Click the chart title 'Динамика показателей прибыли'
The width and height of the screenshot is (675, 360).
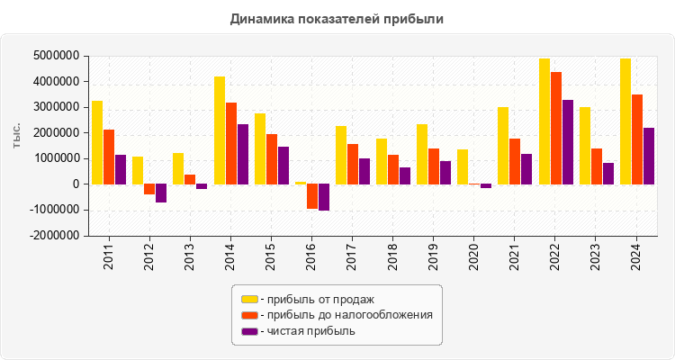pyautogui.click(x=337, y=18)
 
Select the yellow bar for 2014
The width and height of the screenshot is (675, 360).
pyautogui.click(x=219, y=130)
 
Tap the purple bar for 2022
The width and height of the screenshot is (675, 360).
pyautogui.click(x=568, y=142)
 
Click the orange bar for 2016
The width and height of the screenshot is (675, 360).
pyautogui.click(x=312, y=196)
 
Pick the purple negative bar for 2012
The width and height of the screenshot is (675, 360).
pyautogui.click(x=161, y=193)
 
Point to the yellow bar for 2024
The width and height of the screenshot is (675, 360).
pyautogui.click(x=625, y=121)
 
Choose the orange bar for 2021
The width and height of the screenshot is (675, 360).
pyautogui.click(x=515, y=161)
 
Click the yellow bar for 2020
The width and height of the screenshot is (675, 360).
pyautogui.click(x=463, y=166)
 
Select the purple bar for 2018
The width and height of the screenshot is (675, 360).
pyautogui.click(x=405, y=175)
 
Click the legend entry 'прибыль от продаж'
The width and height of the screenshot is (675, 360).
pyautogui.click(x=315, y=299)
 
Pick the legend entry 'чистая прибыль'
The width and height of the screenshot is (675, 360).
pyautogui.click(x=307, y=331)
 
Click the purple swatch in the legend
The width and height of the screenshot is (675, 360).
pyautogui.click(x=249, y=331)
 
